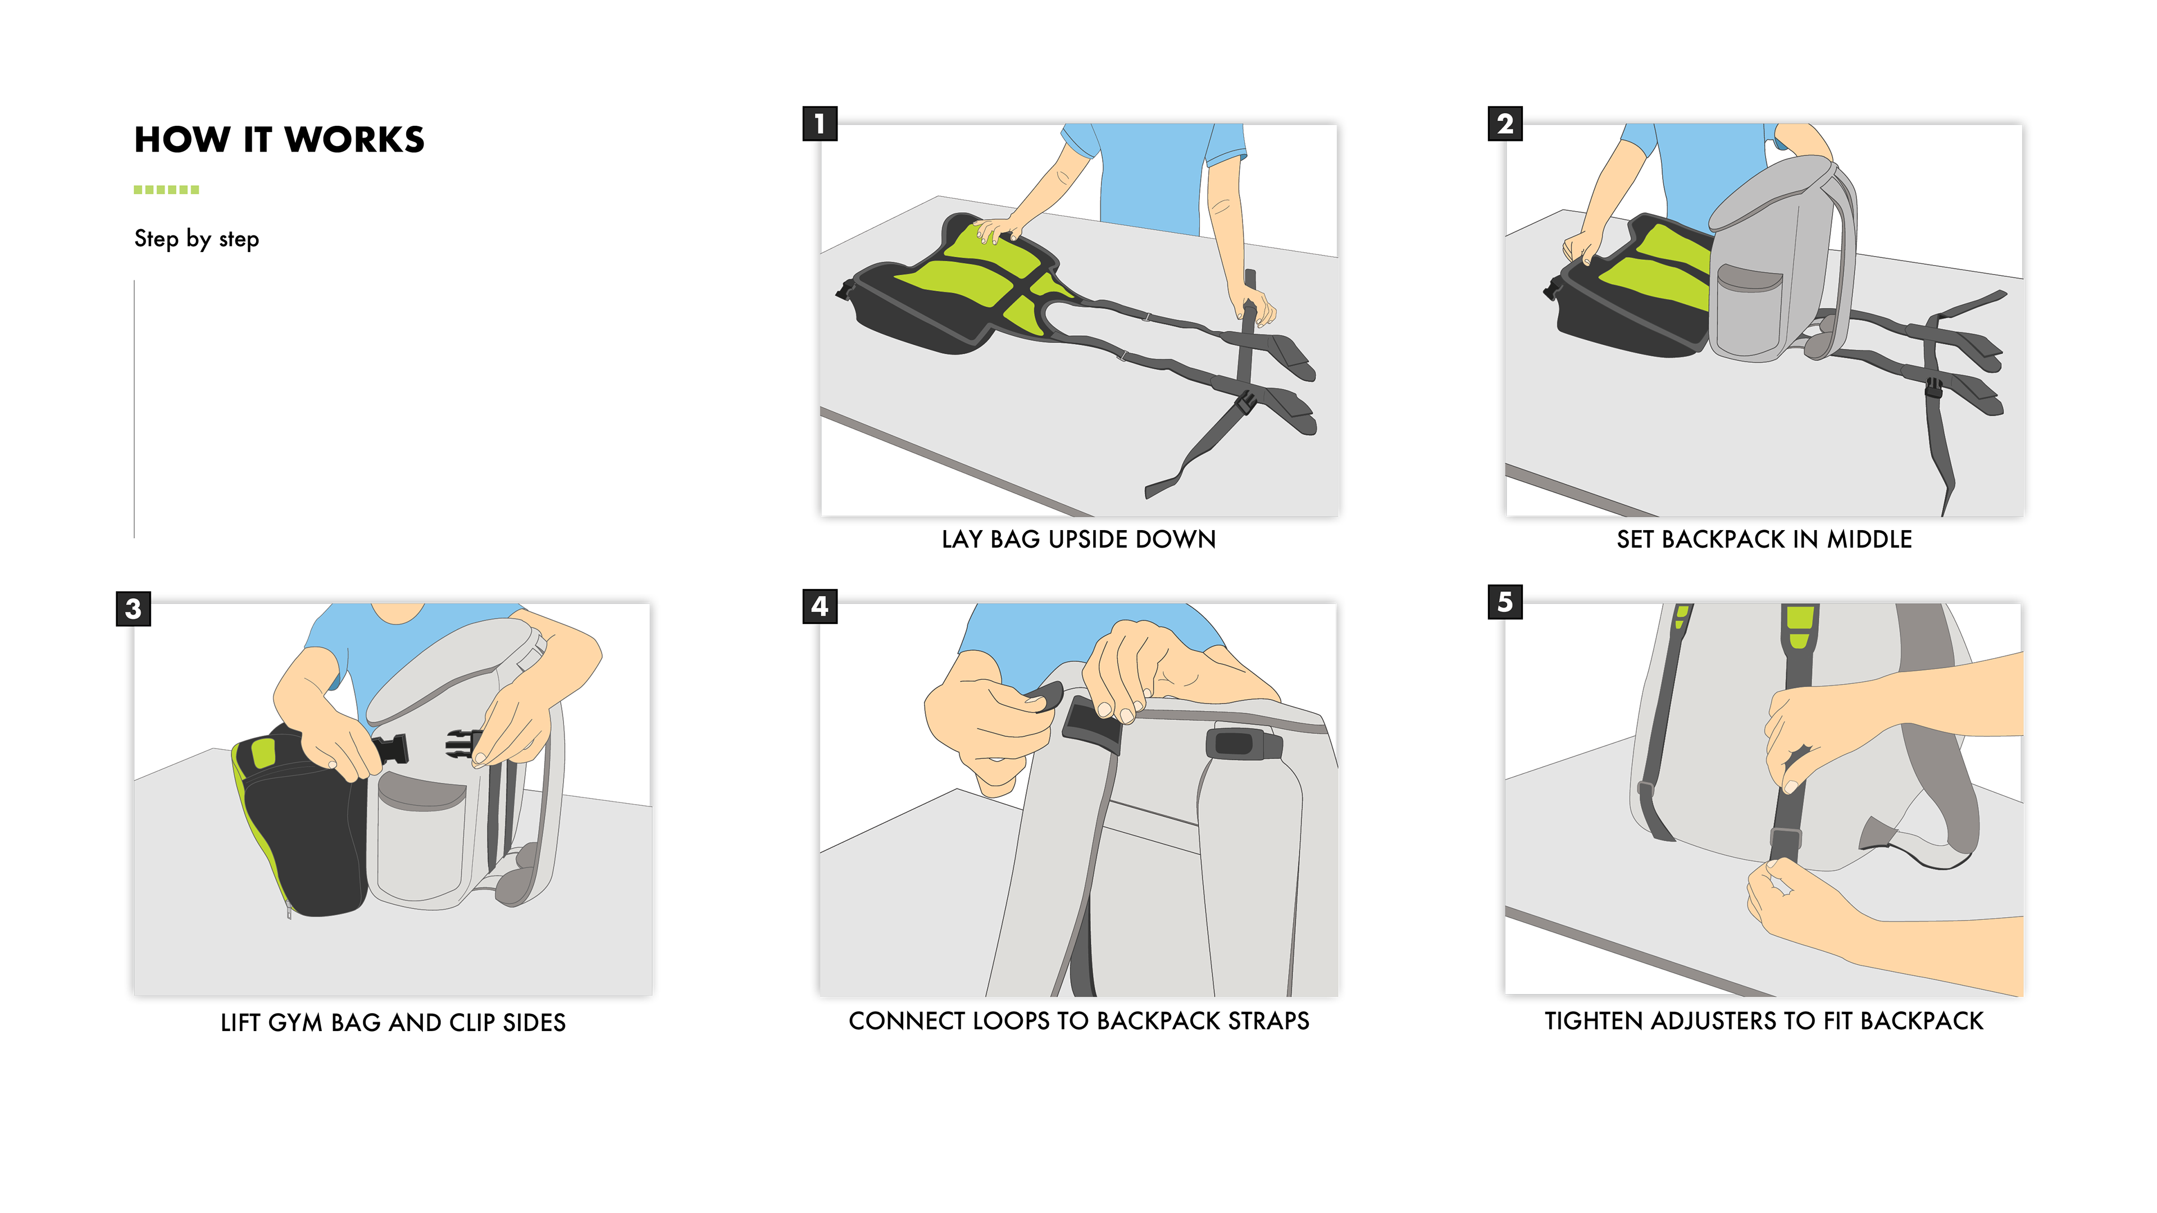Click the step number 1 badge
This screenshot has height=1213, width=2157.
click(x=819, y=124)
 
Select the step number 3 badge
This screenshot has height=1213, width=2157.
click(x=133, y=609)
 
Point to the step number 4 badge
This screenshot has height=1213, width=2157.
click(x=819, y=605)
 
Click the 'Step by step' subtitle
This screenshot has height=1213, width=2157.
click(x=197, y=239)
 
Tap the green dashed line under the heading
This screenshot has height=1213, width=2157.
click(x=167, y=190)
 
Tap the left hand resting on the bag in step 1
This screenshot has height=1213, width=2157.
click(x=999, y=229)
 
